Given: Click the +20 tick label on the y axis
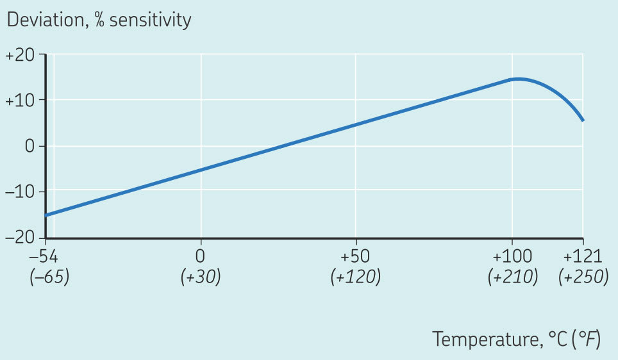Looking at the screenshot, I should pyautogui.click(x=20, y=56).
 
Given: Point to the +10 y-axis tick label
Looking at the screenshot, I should pyautogui.click(x=20, y=101).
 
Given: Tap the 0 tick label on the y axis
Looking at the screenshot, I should pyautogui.click(x=28, y=146).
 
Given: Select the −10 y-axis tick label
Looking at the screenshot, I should pyautogui.click(x=20, y=191).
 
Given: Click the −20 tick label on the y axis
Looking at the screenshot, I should pyautogui.click(x=20, y=236).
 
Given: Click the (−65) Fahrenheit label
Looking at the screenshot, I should pyautogui.click(x=49, y=278).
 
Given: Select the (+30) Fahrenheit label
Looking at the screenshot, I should pyautogui.click(x=201, y=278).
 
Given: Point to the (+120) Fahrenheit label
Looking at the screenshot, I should pyautogui.click(x=355, y=278).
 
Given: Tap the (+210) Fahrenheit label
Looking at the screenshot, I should pyautogui.click(x=512, y=278).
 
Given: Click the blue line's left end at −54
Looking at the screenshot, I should pyautogui.click(x=46, y=215).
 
